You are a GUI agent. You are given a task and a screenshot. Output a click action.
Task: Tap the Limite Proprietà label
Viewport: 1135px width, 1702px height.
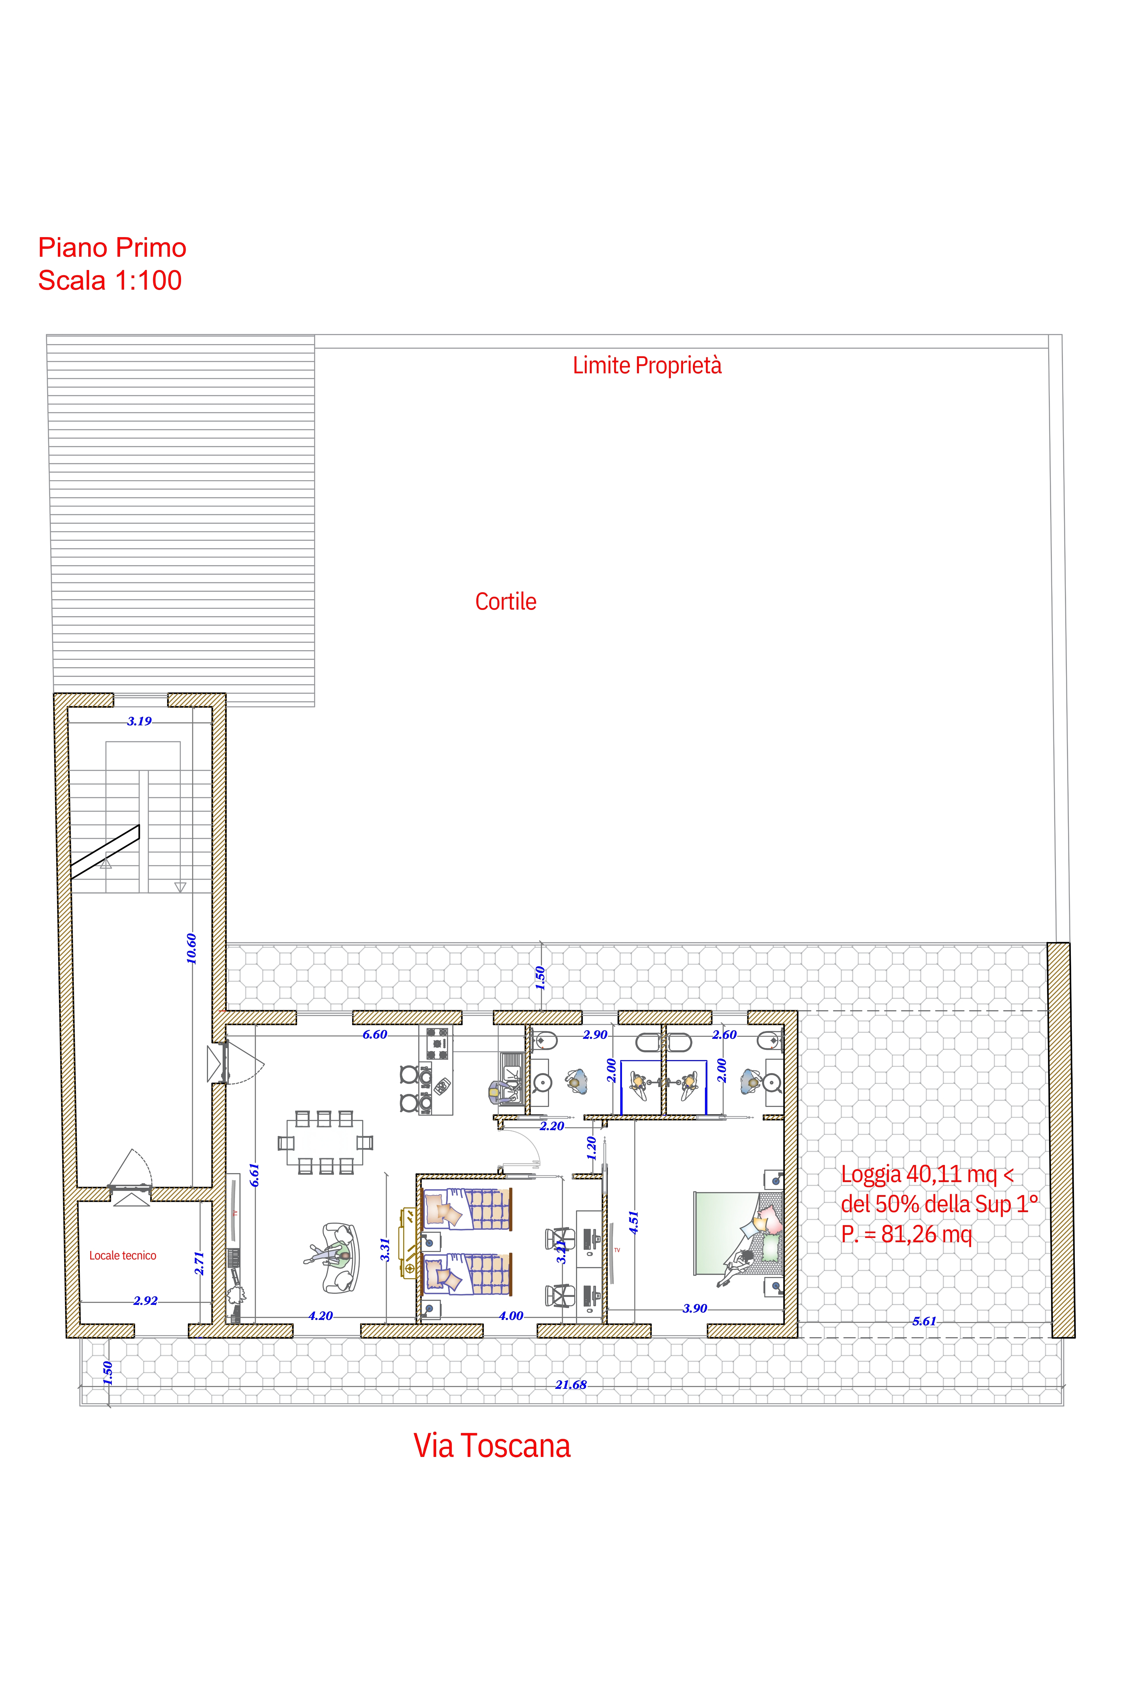pyautogui.click(x=647, y=365)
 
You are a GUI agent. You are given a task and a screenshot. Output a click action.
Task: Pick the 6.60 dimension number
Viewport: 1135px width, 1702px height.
pyautogui.click(x=375, y=1035)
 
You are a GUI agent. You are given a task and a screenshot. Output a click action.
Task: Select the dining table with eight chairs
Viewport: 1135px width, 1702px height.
pyautogui.click(x=325, y=1143)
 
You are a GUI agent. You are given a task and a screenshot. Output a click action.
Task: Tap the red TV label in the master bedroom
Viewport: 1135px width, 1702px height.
pyautogui.click(x=617, y=1250)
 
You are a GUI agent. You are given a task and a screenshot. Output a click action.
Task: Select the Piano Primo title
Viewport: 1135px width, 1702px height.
pyautogui.click(x=112, y=247)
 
